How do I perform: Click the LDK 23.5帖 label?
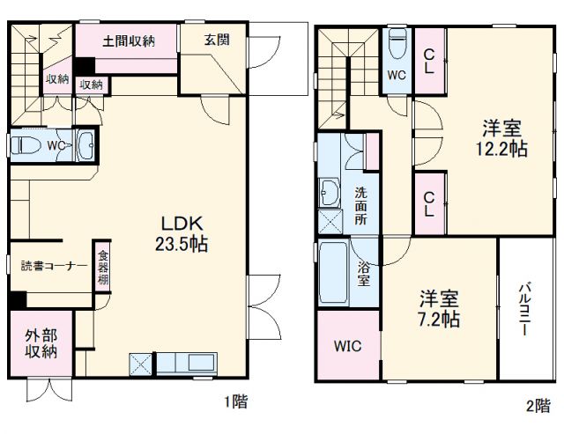pos(182,232)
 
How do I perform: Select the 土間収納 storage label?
pos(129,40)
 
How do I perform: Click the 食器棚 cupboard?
pos(102,266)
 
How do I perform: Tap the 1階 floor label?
pos(234,402)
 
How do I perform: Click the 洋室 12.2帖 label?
pos(504,137)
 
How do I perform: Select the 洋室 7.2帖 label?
pos(438,305)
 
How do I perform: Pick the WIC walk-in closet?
pos(346,346)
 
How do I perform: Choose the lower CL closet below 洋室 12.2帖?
pos(429,203)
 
